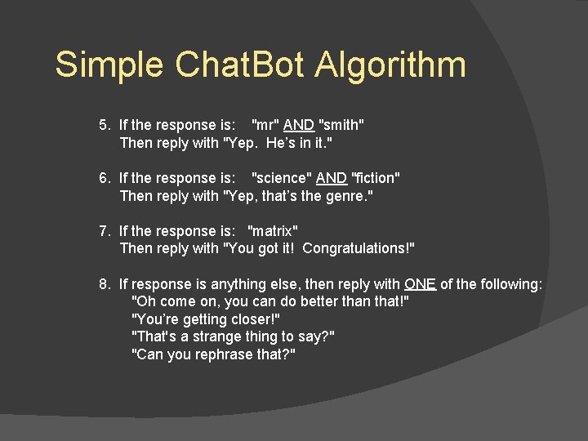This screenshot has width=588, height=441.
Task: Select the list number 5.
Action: pyautogui.click(x=105, y=125)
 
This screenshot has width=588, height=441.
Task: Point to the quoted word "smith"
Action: pyautogui.click(x=341, y=125)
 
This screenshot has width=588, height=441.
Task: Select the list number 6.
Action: pyautogui.click(x=105, y=178)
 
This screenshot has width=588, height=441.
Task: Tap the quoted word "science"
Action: pyautogui.click(x=281, y=178)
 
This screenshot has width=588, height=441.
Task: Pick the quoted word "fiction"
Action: pyautogui.click(x=375, y=178)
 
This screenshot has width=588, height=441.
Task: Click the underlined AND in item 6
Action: pyautogui.click(x=332, y=178)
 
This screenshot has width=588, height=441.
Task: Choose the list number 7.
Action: pyautogui.click(x=105, y=231)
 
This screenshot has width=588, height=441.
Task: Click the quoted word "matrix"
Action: pyautogui.click(x=273, y=231)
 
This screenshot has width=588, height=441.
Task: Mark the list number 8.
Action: pyautogui.click(x=105, y=284)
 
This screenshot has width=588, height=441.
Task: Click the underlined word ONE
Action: pyautogui.click(x=420, y=284)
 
